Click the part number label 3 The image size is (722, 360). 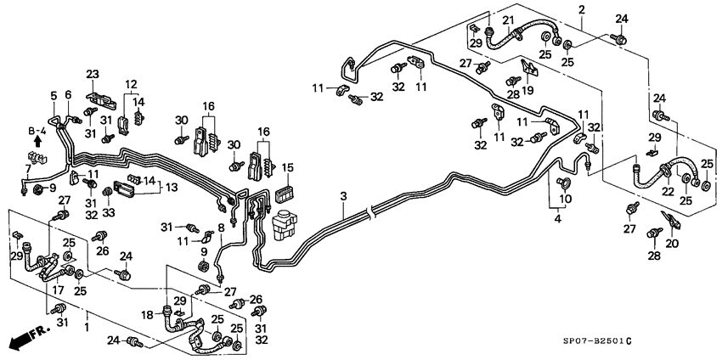click(x=342, y=197)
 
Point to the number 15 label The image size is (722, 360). click(x=287, y=167)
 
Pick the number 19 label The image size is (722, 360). click(x=527, y=91)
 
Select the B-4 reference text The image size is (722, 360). click(x=36, y=131)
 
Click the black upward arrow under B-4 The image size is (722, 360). click(x=37, y=143)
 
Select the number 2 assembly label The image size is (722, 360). click(x=582, y=9)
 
